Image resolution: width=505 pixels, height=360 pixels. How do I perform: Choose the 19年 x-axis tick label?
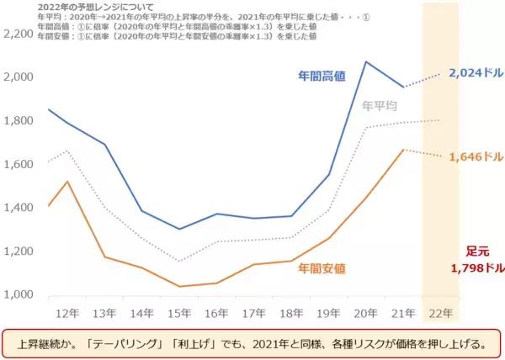point(327,312)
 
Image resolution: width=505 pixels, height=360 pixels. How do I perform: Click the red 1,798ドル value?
point(477,268)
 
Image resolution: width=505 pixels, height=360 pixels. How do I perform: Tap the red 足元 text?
point(477,251)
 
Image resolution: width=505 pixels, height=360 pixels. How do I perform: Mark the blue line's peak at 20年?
point(366,61)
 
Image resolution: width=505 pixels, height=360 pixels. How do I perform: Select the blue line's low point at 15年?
point(179,229)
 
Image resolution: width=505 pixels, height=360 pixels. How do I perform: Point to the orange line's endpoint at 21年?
point(404,150)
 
